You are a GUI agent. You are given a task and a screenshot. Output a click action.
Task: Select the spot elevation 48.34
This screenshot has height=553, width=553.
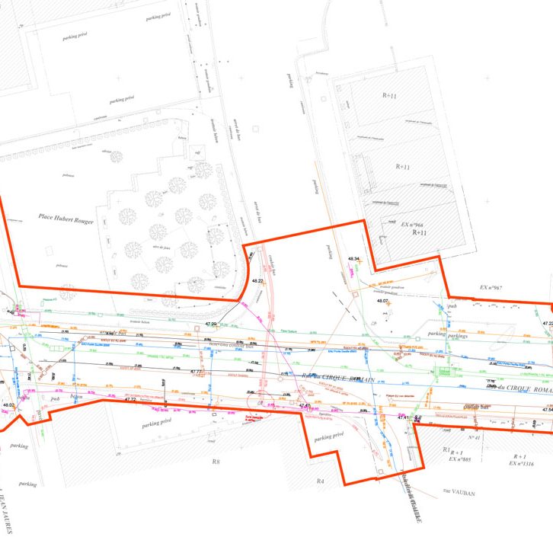pos(353,260)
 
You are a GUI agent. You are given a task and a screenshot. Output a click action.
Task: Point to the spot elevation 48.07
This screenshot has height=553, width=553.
pos(382,301)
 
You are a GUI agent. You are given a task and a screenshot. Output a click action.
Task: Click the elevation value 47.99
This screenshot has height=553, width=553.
pos(211,324)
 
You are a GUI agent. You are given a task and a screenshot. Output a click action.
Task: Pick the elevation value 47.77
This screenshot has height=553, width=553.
pos(197,372)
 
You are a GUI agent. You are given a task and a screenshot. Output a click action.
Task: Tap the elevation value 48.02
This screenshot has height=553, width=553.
pos(8,404)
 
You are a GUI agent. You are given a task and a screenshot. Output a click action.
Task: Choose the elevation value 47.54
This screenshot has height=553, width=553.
pos(546,410)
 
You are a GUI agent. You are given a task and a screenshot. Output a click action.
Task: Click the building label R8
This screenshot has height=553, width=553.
pos(216,462)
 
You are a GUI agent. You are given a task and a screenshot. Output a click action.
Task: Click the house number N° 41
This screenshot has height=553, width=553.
pos(475,438)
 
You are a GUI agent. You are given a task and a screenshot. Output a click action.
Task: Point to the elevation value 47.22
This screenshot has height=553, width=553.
pos(547,323)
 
